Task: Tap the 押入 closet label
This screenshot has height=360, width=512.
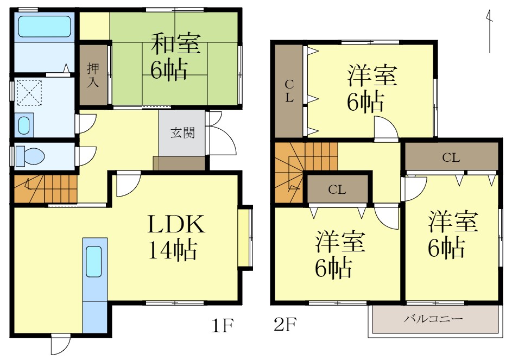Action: [93, 75]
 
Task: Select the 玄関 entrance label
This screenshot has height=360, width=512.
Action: [182, 132]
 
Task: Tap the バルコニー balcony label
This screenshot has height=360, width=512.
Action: [433, 319]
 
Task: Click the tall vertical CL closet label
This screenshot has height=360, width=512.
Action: [289, 91]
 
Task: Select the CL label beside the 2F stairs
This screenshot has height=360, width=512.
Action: [337, 190]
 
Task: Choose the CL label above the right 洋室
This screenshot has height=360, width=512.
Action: [451, 158]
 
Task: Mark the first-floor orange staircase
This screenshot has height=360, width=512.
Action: [46, 188]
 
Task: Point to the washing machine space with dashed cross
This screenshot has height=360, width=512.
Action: [29, 93]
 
